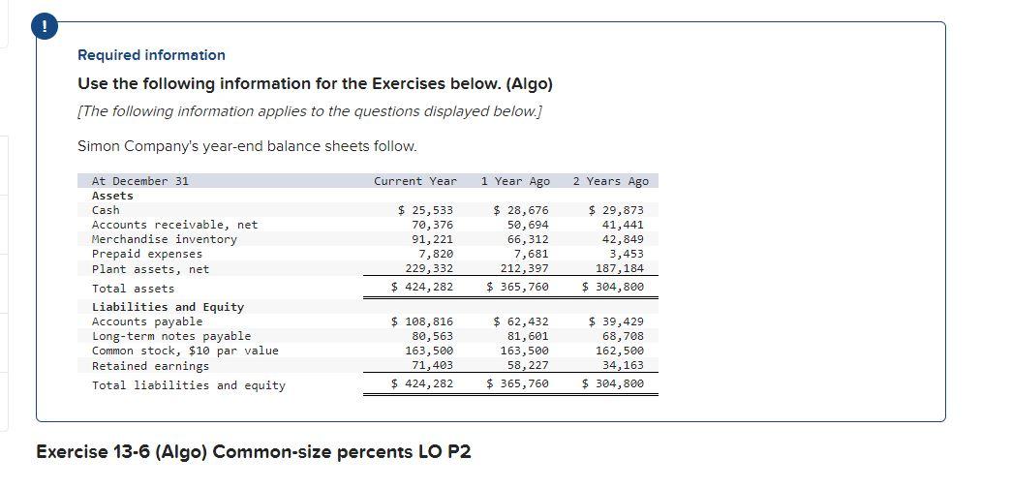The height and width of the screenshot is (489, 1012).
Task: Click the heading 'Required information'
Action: coord(151,55)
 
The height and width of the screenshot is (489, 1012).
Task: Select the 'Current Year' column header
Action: coord(414,181)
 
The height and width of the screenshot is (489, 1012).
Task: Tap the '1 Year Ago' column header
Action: coord(514,181)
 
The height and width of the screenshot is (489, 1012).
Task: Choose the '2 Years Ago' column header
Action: coord(610,181)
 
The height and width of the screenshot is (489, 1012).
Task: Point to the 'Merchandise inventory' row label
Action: coord(164,239)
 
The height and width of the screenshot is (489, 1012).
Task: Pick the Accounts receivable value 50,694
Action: coord(528,225)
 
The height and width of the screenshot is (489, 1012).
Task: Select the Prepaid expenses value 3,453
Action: coord(624,254)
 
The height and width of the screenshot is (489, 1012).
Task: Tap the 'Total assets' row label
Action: coord(133,289)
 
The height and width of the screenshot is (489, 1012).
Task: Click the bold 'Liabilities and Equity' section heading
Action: coord(168,307)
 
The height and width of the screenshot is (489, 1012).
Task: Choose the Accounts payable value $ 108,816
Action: coord(421,321)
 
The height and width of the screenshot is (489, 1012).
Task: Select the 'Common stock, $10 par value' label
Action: coord(184,351)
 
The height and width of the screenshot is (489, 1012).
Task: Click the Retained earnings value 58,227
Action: coord(528,365)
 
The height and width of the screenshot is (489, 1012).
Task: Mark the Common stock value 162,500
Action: coord(620,351)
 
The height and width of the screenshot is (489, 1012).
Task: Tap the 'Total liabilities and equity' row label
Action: coord(188,385)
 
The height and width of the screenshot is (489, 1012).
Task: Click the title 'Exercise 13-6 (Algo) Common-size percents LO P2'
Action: coord(253,451)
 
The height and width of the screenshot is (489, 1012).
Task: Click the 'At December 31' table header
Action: coord(139,181)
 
